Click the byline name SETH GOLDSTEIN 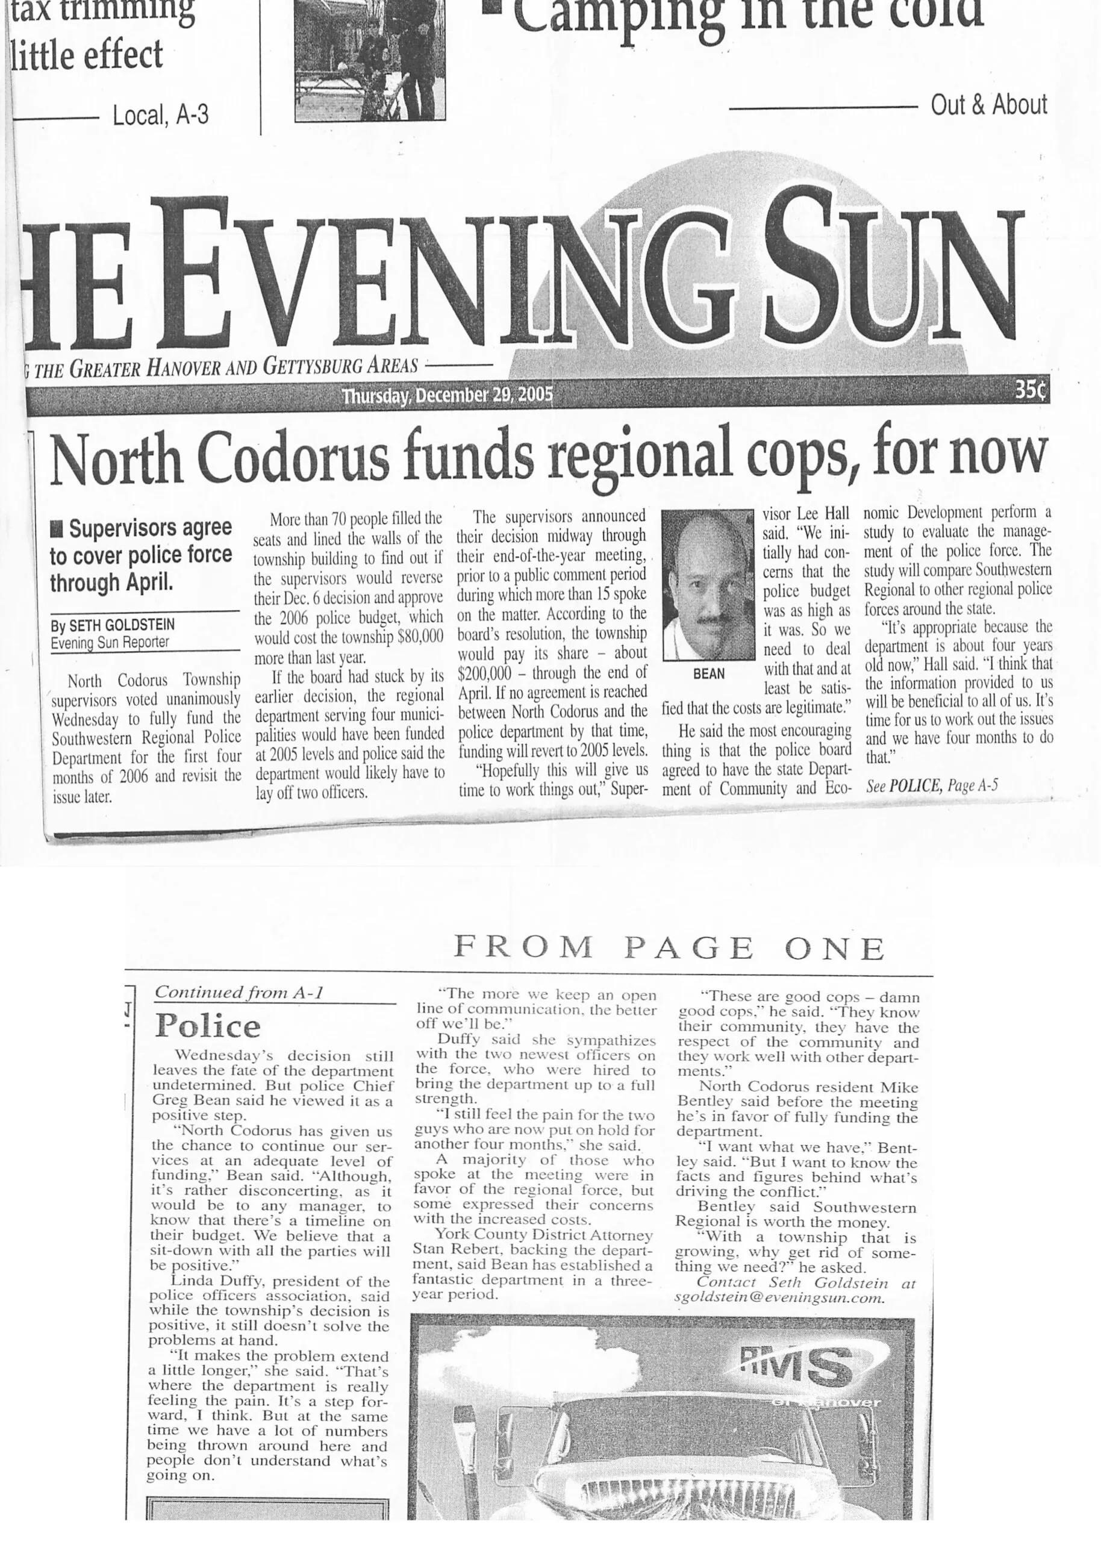(122, 624)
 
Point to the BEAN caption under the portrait (708, 674)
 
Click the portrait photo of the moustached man (707, 585)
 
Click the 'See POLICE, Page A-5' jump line (932, 785)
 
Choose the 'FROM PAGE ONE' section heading (669, 947)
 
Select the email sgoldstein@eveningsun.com (779, 1299)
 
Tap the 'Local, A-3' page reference (160, 116)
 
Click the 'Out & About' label (988, 105)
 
